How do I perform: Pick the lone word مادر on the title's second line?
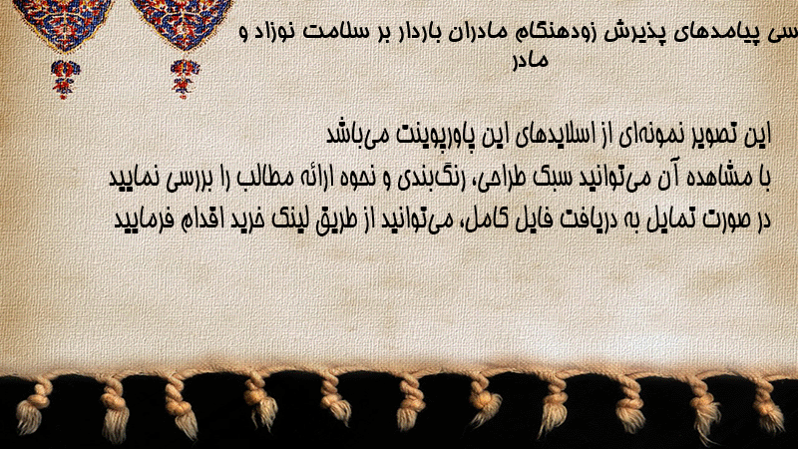coord(531,60)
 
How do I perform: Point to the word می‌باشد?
coord(350,135)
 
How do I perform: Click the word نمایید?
coord(134,179)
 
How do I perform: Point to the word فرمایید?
coord(138,220)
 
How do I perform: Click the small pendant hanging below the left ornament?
coord(65,79)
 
